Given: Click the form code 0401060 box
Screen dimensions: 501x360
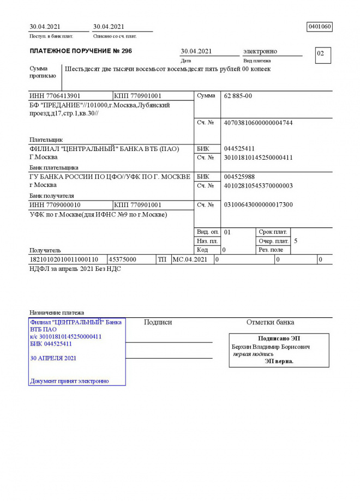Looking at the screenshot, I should click(320, 27).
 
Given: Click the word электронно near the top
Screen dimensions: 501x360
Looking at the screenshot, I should click(260, 51).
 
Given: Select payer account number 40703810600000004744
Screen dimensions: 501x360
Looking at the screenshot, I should click(258, 123).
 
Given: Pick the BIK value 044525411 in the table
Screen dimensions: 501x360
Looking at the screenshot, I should click(239, 148).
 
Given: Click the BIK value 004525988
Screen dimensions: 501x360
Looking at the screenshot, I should click(239, 177).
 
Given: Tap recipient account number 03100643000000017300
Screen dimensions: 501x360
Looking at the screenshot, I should click(258, 204).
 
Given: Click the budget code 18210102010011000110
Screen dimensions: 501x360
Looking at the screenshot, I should click(64, 259).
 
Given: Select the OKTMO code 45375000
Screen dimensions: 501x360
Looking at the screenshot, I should click(123, 259).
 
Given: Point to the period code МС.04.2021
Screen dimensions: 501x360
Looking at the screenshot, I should click(190, 259).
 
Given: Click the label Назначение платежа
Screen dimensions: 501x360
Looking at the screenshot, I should click(57, 312).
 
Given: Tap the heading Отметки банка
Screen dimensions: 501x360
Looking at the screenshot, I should click(270, 322).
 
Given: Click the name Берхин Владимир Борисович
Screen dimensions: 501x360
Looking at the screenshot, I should click(271, 347).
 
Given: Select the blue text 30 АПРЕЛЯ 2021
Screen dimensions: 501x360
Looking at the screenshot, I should click(53, 358).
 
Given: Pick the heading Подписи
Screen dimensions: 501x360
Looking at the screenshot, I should click(158, 322).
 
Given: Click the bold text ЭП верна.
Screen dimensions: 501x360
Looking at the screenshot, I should click(279, 361).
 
